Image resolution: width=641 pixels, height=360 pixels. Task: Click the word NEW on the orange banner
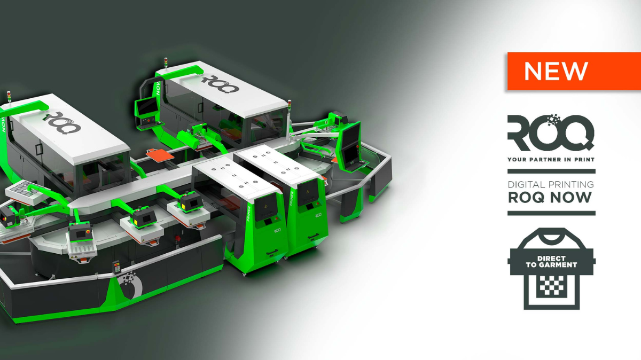[556, 71]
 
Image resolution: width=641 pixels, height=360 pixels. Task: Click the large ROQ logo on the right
[551, 132]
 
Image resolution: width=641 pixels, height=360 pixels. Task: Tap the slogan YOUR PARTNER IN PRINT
[551, 159]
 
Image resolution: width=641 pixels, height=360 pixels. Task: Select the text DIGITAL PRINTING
[551, 184]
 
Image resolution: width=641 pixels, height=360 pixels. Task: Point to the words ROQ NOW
[550, 198]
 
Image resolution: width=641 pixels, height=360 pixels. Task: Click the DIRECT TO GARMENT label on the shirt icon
[551, 262]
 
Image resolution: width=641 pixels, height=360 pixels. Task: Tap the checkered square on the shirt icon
[551, 285]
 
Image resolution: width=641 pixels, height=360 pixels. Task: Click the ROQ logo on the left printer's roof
[62, 122]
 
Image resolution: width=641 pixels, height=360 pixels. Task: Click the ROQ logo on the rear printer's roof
[220, 83]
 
